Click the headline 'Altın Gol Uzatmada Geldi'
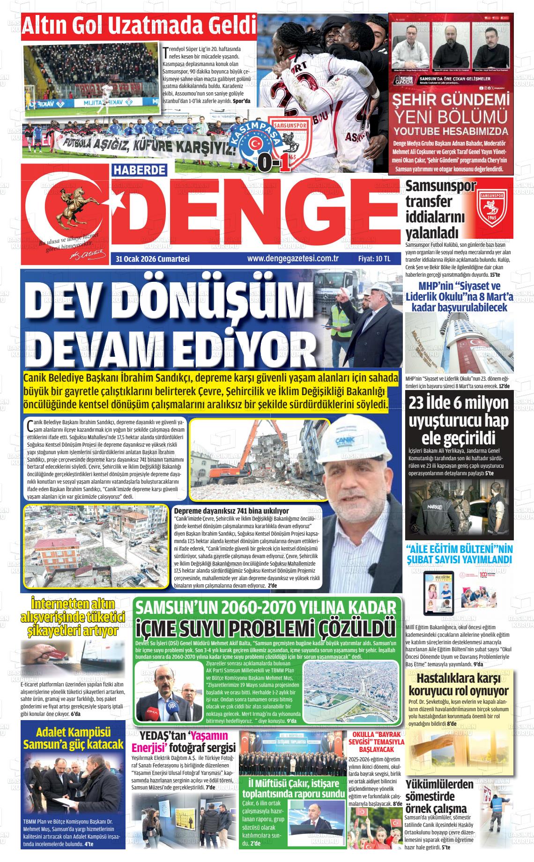pyautogui.click(x=140, y=26)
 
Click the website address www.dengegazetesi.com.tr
pyautogui.click(x=293, y=258)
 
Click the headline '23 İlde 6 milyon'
pyautogui.click(x=458, y=404)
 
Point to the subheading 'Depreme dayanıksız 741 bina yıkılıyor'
pyautogui.click(x=231, y=511)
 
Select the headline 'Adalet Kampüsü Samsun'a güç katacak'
pyautogui.click(x=74, y=738)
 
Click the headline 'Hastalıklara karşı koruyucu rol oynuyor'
pyautogui.click(x=458, y=685)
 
